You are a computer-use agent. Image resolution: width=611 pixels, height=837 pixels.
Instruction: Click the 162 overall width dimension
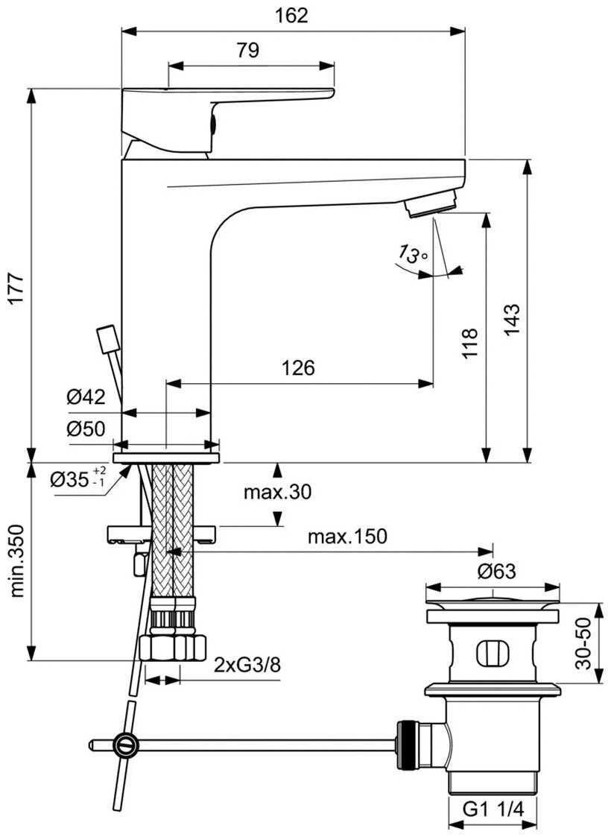click(292, 16)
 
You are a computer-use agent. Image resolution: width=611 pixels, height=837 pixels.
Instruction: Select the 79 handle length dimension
click(248, 50)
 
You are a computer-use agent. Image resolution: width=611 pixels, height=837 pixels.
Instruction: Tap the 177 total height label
click(17, 288)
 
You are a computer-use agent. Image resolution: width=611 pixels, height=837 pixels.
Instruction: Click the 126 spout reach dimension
click(298, 367)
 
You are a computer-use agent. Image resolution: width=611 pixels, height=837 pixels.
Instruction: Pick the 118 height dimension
click(469, 344)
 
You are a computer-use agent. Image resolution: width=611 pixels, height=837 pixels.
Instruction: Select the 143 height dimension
click(511, 319)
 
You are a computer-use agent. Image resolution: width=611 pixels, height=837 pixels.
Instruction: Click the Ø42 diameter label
click(86, 397)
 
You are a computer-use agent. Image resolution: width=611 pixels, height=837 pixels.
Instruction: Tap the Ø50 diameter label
click(86, 429)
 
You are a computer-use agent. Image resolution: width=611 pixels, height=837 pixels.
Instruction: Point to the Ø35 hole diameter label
click(78, 478)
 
